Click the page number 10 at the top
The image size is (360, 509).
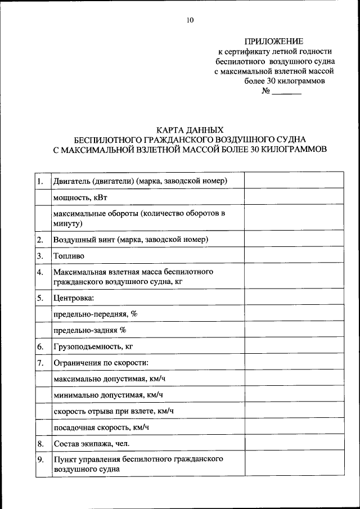[x=190, y=20]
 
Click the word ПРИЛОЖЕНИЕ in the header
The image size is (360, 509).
[x=274, y=41]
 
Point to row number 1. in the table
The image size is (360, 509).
[x=40, y=181]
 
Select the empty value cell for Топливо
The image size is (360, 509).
[x=294, y=256]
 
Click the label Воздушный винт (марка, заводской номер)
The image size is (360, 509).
[x=130, y=240]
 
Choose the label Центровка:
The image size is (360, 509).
[x=74, y=297]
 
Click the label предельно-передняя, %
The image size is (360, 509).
[x=95, y=313]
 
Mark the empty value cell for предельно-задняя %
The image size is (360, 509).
[x=294, y=330]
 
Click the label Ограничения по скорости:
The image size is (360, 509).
[x=101, y=363]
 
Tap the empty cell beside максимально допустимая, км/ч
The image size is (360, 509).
[x=294, y=379]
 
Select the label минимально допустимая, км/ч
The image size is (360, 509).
[x=108, y=395]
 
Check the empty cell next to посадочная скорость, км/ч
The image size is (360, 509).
[x=294, y=428]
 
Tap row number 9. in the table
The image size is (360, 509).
[x=40, y=460]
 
